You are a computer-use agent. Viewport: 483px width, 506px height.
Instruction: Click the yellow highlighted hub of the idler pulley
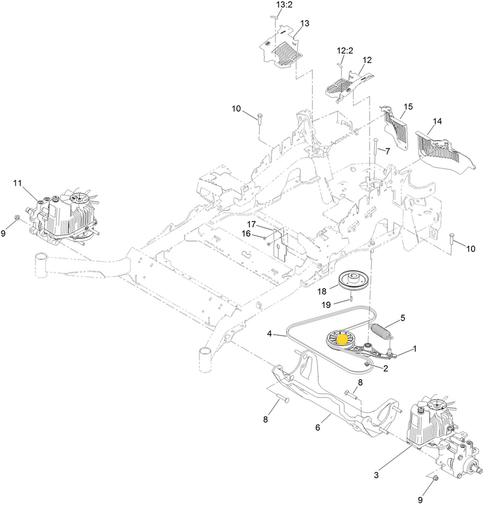coord(341,339)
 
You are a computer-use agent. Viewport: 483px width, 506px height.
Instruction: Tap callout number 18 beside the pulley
coord(322,292)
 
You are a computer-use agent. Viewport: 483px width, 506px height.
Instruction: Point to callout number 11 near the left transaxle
coord(18,184)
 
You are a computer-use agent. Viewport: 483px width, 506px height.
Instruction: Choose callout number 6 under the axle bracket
coord(318,428)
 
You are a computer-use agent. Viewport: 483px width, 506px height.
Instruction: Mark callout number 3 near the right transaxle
coord(376,147)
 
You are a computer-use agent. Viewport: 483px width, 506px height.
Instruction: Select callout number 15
coord(408,106)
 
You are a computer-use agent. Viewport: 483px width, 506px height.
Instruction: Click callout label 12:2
coord(345,51)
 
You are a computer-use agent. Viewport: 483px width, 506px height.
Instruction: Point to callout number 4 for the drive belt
coord(270,334)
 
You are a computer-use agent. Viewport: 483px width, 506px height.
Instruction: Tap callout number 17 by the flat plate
coord(251,224)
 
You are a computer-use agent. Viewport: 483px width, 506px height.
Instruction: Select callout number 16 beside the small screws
coord(246,233)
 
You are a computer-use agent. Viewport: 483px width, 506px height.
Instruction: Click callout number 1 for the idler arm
coord(415,348)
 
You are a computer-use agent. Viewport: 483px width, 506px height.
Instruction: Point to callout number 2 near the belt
coord(386,368)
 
